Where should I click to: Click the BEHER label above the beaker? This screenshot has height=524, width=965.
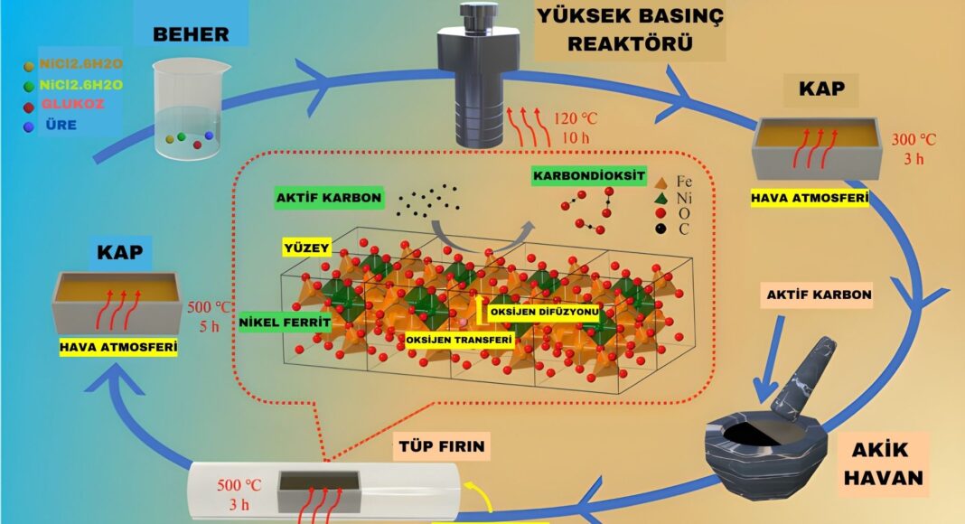click(190, 35)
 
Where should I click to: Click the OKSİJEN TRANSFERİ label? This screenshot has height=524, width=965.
click(460, 340)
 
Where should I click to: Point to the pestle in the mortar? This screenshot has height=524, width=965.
click(804, 372)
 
